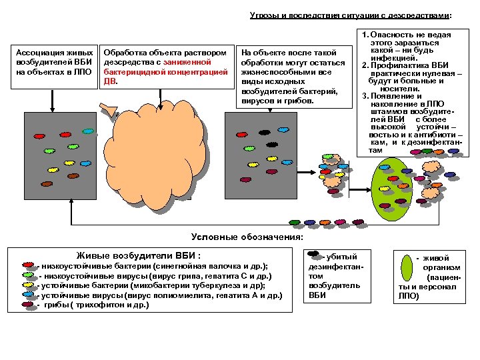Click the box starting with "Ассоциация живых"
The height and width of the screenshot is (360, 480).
click(x=53, y=62)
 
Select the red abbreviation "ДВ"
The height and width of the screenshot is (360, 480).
click(x=111, y=81)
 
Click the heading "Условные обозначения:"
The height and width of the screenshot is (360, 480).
click(x=247, y=237)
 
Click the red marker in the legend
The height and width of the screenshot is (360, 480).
click(x=27, y=265)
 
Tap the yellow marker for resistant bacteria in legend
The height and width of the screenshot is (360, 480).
click(x=27, y=285)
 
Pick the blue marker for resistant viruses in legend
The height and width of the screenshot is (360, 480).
click(x=27, y=294)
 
